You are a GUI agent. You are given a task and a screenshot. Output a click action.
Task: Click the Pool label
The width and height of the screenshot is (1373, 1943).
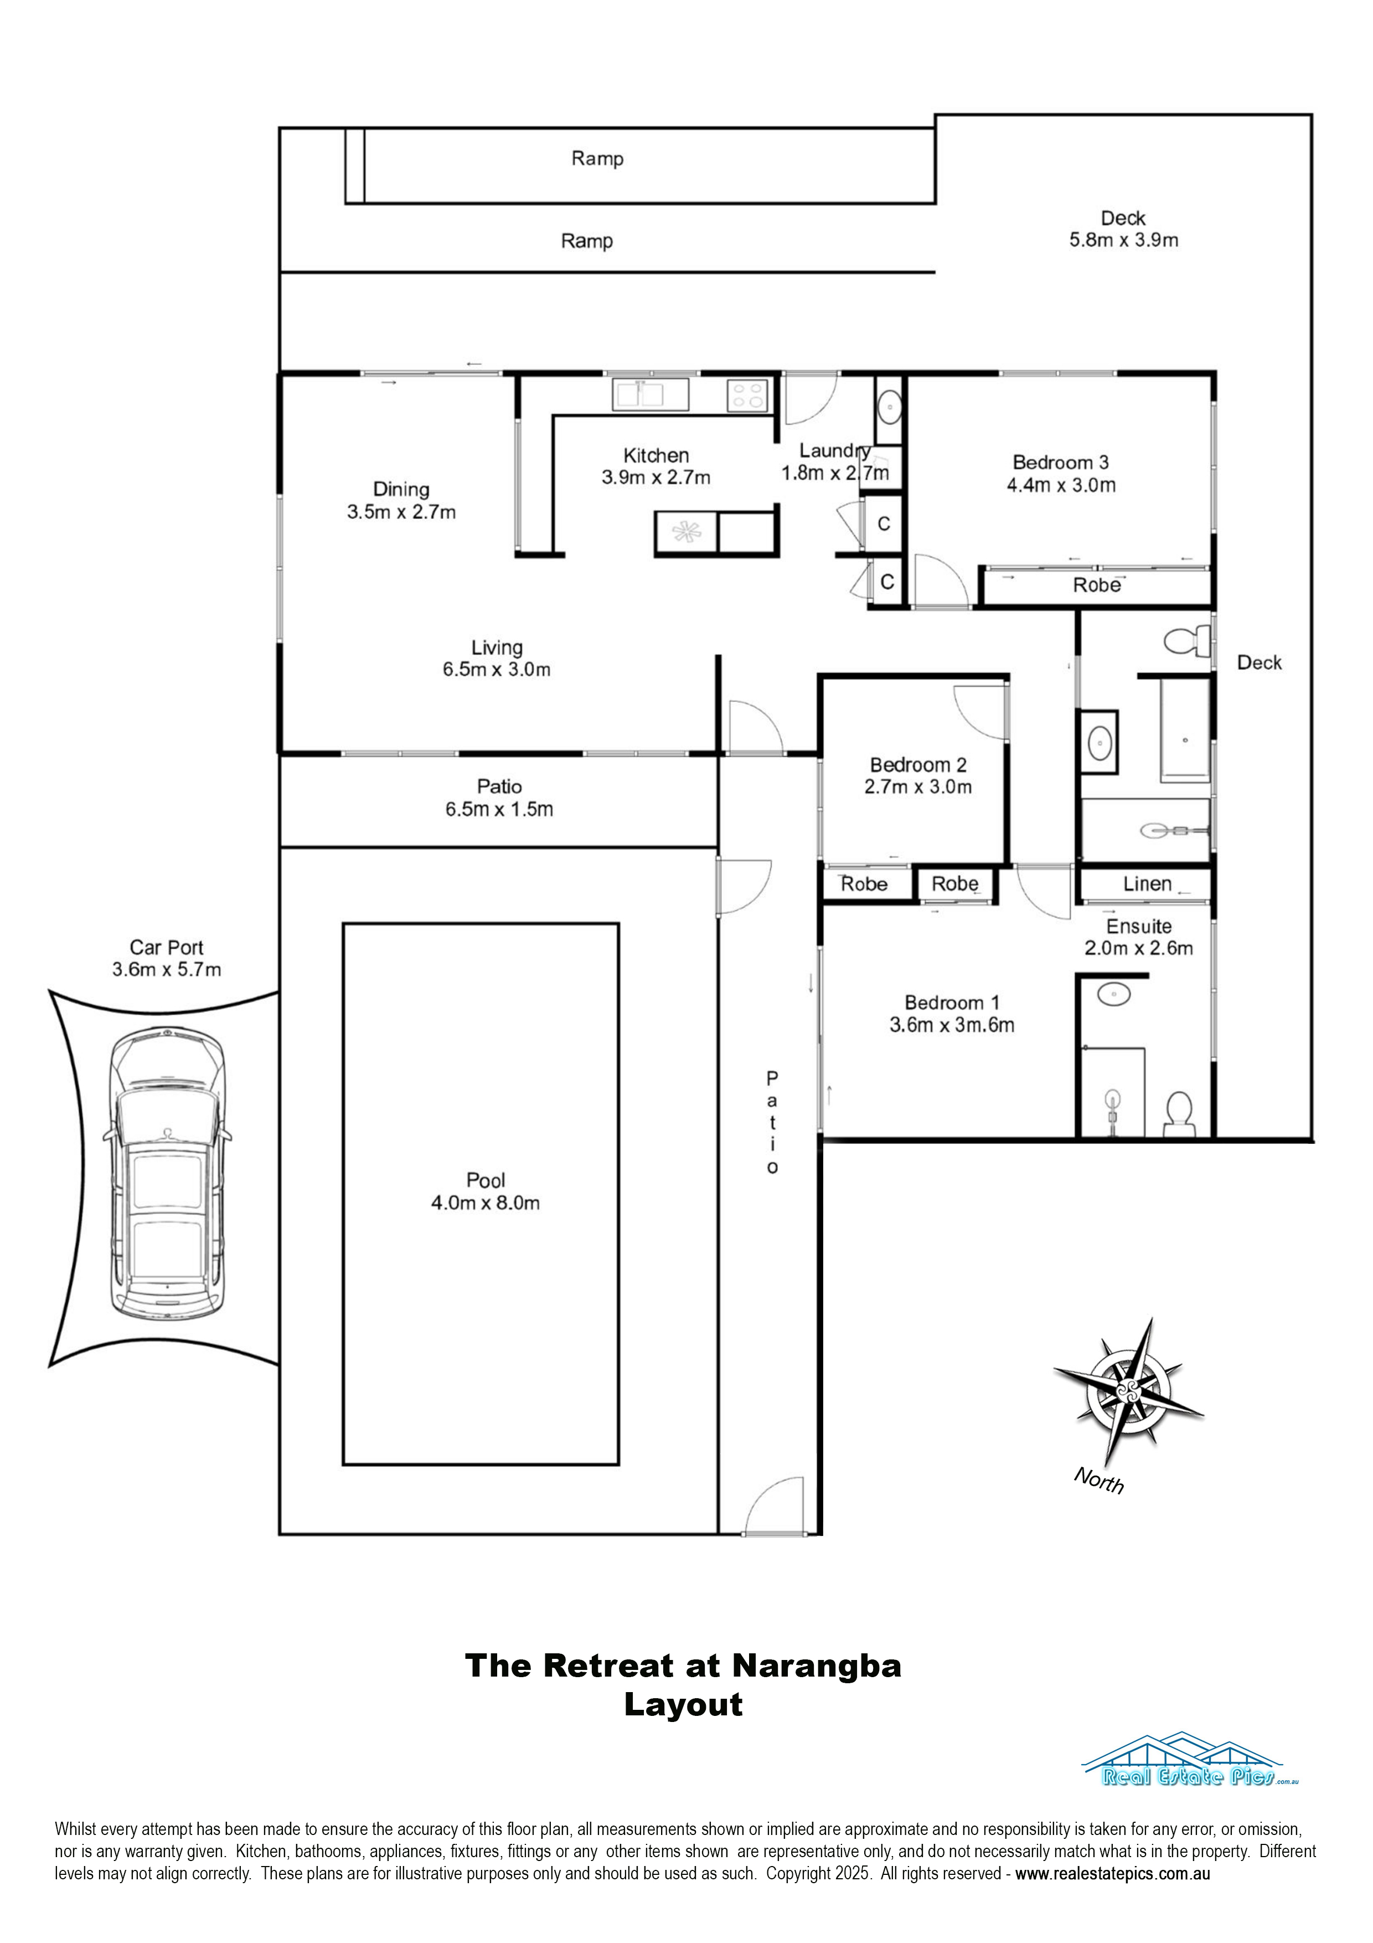[x=486, y=1180]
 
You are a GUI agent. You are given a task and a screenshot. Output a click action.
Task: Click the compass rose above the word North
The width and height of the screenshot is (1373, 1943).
[x=1128, y=1392]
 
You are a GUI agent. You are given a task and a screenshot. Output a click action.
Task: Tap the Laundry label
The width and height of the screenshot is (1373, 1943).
[x=835, y=450]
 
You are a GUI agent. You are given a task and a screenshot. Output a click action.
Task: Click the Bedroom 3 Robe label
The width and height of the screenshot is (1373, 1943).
[x=1096, y=585]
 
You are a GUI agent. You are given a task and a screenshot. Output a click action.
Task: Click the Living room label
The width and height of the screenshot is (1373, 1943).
[x=497, y=648]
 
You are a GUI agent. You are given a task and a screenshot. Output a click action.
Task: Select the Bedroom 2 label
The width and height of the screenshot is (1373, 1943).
[x=918, y=765]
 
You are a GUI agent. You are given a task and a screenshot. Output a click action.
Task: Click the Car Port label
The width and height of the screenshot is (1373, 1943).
[x=167, y=948]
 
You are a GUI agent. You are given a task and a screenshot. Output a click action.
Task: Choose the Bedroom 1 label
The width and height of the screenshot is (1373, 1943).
[x=952, y=1003]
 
